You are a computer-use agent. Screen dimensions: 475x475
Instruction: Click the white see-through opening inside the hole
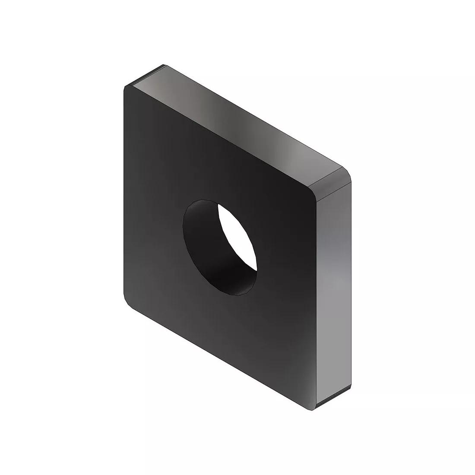click(x=237, y=235)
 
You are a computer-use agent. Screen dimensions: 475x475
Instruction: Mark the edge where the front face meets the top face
click(x=216, y=138)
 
